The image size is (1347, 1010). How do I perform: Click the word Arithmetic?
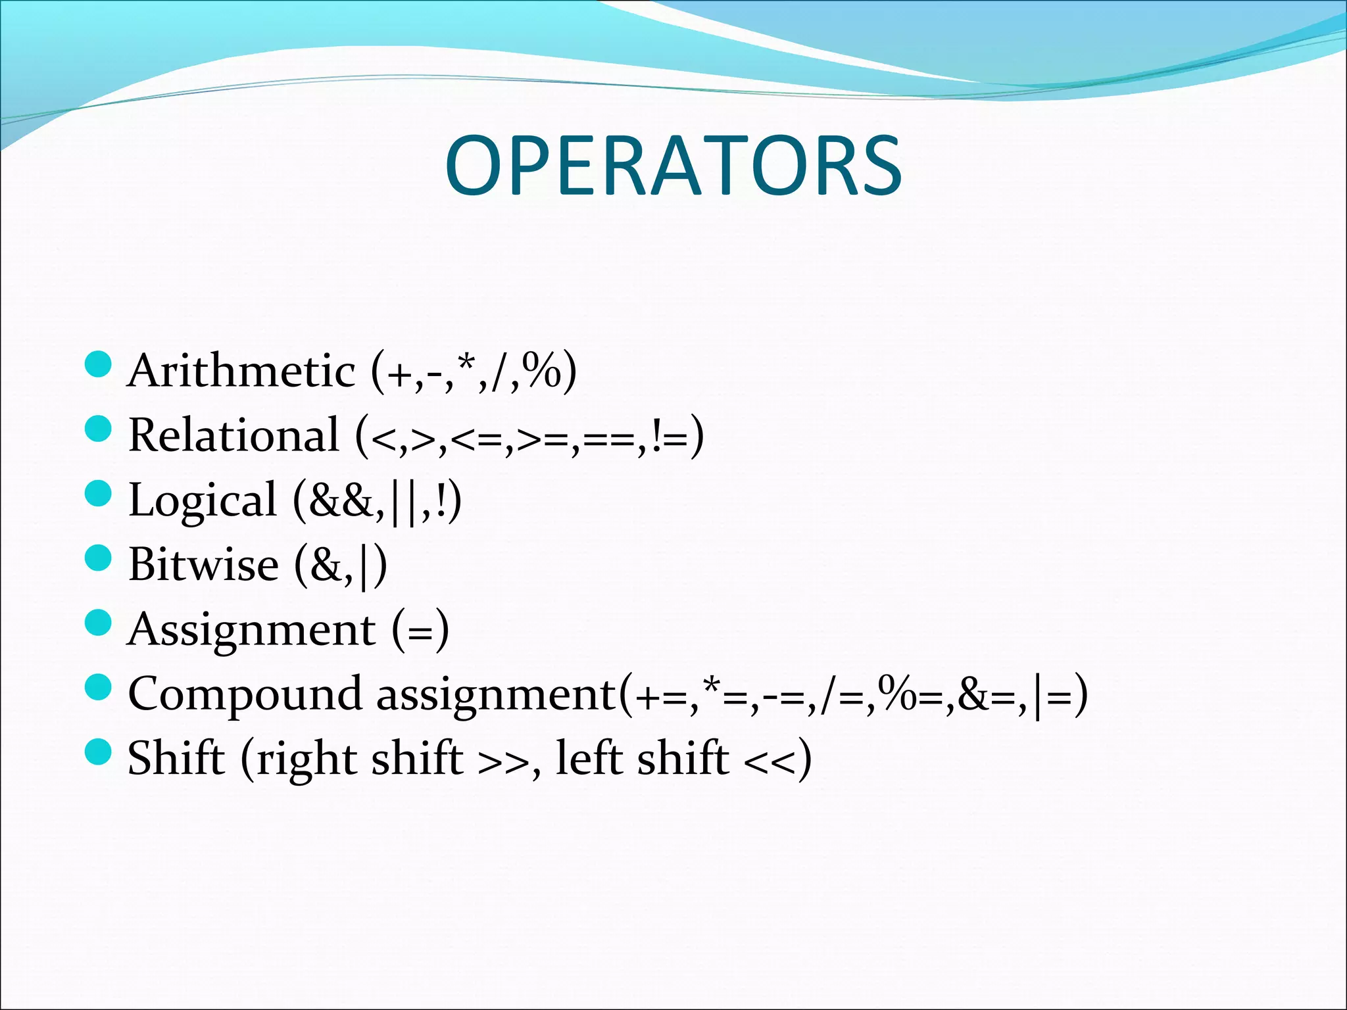241,371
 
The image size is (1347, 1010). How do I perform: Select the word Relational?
233,435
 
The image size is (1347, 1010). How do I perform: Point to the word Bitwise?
203,565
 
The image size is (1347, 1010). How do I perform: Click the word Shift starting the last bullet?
176,758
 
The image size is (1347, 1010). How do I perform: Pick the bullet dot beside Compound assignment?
99,687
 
